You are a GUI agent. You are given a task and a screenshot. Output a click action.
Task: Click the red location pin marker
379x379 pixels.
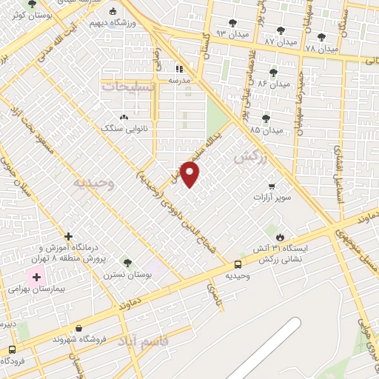click(x=190, y=175)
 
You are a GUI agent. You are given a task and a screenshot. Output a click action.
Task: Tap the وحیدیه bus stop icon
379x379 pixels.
click(x=238, y=264)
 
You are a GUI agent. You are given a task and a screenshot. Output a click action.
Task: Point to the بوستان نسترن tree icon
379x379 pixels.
click(x=127, y=262)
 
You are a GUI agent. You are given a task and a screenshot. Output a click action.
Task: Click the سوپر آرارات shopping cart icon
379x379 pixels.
click(x=272, y=186)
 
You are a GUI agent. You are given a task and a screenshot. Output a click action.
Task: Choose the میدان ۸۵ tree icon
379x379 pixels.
click(x=266, y=118)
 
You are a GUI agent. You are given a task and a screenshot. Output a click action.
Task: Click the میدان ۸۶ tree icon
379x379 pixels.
click(x=273, y=72)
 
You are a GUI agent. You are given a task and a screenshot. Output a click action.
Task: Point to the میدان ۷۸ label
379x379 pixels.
click(x=321, y=48)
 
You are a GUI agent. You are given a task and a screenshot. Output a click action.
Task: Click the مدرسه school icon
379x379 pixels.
click(x=180, y=69)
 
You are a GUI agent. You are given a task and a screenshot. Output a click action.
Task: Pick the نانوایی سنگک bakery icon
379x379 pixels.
click(x=123, y=116)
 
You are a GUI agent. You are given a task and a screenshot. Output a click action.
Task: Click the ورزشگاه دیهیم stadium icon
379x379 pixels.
click(x=112, y=11)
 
